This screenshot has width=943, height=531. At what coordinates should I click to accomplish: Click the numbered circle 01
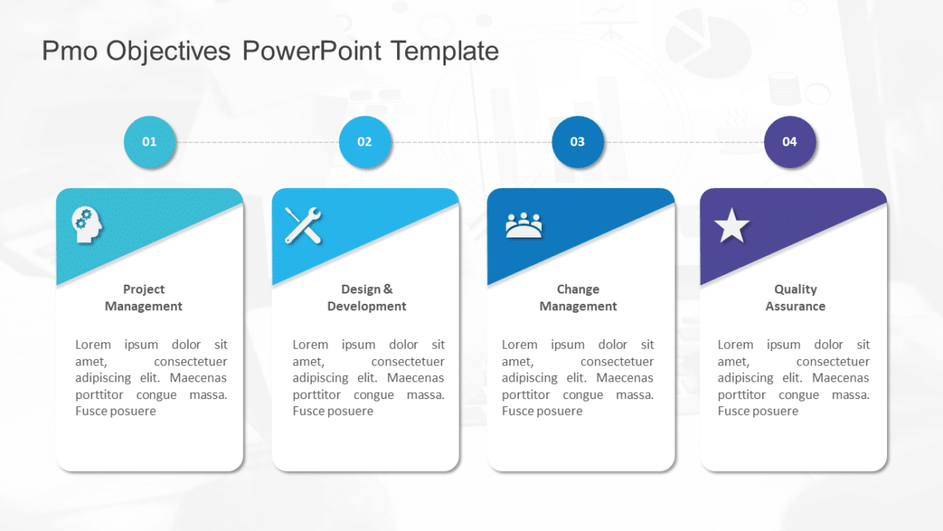pyautogui.click(x=149, y=142)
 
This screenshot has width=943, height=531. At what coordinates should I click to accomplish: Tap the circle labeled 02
pyautogui.click(x=364, y=142)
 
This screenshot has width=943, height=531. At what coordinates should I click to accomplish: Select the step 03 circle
pyautogui.click(x=577, y=142)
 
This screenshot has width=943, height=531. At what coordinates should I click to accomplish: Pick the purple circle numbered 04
pyautogui.click(x=790, y=142)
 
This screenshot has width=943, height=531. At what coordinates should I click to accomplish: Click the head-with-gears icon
pyautogui.click(x=87, y=225)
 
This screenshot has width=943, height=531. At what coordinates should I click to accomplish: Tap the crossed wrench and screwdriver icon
pyautogui.click(x=304, y=225)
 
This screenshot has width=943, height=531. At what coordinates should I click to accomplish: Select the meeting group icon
pyautogui.click(x=523, y=226)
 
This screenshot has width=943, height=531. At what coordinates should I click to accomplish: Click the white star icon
pyautogui.click(x=731, y=226)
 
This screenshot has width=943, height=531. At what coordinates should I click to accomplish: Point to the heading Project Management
pyautogui.click(x=144, y=297)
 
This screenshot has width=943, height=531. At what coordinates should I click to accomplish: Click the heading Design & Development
pyautogui.click(x=367, y=297)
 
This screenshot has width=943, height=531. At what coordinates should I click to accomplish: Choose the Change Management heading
pyautogui.click(x=578, y=297)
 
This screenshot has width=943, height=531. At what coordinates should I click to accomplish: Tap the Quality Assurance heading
pyautogui.click(x=795, y=297)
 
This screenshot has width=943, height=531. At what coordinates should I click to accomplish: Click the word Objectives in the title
pyautogui.click(x=168, y=51)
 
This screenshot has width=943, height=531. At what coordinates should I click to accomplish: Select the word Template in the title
pyautogui.click(x=444, y=51)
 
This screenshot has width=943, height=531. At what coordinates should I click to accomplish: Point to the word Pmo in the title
pyautogui.click(x=70, y=51)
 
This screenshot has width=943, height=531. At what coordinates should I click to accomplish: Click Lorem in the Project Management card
pyautogui.click(x=93, y=345)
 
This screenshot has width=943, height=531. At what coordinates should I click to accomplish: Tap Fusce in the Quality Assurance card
pyautogui.click(x=734, y=411)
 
